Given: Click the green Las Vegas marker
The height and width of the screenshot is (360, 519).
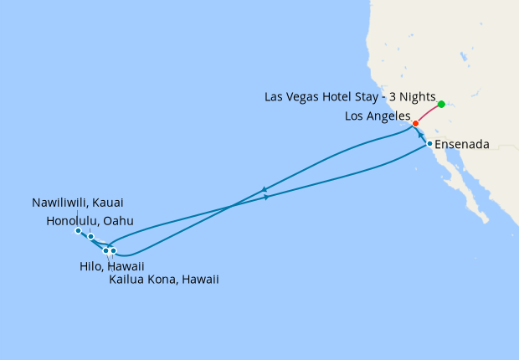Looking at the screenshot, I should pyautogui.click(x=441, y=105).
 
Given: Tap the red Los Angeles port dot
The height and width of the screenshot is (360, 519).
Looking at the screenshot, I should pyautogui.click(x=416, y=124).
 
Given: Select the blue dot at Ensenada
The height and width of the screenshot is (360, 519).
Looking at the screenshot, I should pyautogui.click(x=429, y=144).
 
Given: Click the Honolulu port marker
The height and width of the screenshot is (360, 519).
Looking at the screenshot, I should pyautogui.click(x=90, y=237).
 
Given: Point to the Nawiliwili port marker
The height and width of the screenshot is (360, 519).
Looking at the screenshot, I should pyautogui.click(x=77, y=230).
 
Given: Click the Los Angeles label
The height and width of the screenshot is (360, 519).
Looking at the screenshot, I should pyautogui.click(x=378, y=116).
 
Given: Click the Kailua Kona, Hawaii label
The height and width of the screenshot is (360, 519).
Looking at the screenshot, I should pyautogui.click(x=164, y=280).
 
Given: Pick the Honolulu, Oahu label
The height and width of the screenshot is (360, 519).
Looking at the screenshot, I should pyautogui.click(x=90, y=220).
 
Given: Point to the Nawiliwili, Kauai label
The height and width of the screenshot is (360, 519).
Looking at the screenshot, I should pyautogui.click(x=82, y=203).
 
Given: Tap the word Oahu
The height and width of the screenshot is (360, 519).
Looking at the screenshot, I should pyautogui.click(x=118, y=220).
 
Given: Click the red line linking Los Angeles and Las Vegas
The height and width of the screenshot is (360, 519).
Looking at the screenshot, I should pyautogui.click(x=429, y=114).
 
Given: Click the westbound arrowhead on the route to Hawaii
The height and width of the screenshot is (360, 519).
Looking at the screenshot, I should pyautogui.click(x=265, y=189).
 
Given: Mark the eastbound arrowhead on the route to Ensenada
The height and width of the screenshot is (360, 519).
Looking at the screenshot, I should pyautogui.click(x=266, y=198).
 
